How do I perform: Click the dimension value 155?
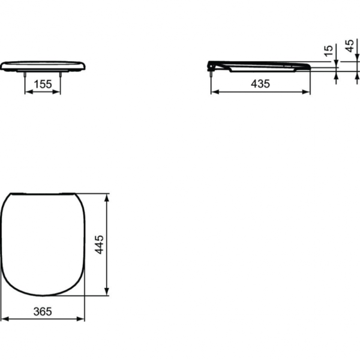(x=42, y=85)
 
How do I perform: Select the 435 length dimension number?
(x=260, y=84)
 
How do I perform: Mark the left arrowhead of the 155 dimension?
(x=26, y=92)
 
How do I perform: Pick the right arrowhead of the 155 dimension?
(x=59, y=92)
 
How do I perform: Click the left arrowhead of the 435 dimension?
(x=214, y=92)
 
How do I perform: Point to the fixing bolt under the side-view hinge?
(x=211, y=73)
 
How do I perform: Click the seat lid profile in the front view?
(x=43, y=65)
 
